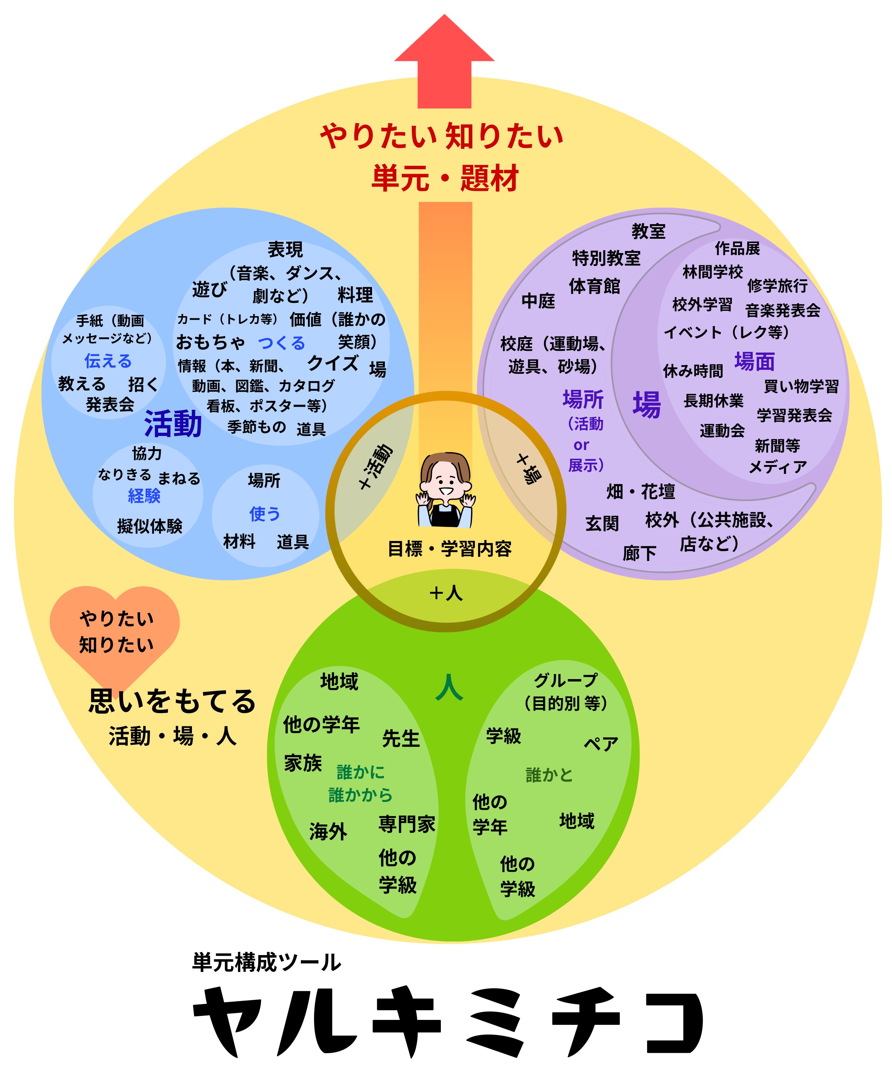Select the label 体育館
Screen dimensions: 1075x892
594,286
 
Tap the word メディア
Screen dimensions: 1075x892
777,467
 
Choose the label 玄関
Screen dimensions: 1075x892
602,523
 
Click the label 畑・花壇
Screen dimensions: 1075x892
641,492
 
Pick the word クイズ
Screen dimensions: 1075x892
332,363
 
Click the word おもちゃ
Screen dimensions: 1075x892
210,342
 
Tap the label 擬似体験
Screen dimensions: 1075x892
150,526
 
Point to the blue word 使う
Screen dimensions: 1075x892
265,513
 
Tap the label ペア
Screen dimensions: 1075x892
601,743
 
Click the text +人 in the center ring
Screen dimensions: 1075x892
445,593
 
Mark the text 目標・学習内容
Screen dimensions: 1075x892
450,549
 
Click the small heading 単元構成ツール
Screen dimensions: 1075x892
266,962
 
